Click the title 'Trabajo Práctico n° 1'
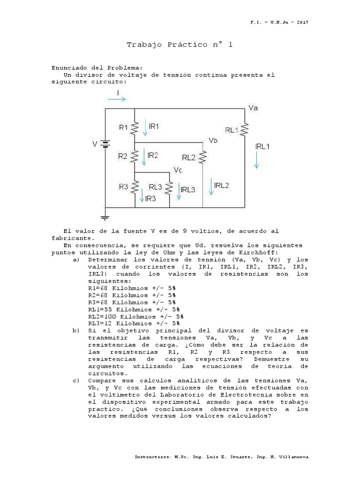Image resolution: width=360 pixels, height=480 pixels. pos(180,45)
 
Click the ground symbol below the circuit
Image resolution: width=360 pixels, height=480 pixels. pos(105,216)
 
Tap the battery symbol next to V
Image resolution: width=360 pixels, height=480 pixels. pos(105,144)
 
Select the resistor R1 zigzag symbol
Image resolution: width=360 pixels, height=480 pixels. pos(135,127)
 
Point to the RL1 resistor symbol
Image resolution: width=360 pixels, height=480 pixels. pos(244,130)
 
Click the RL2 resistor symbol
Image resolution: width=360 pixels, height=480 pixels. pos(202,158)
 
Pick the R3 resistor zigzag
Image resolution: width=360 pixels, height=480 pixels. pos(135,187)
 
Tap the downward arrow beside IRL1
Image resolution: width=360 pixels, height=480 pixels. pos(256,162)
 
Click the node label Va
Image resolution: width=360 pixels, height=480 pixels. pos(253,108)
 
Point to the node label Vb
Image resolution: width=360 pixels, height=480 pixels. pos(213,140)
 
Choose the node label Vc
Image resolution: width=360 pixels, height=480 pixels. pos(178,170)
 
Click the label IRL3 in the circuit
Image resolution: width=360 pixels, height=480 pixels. pos(188,189)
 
